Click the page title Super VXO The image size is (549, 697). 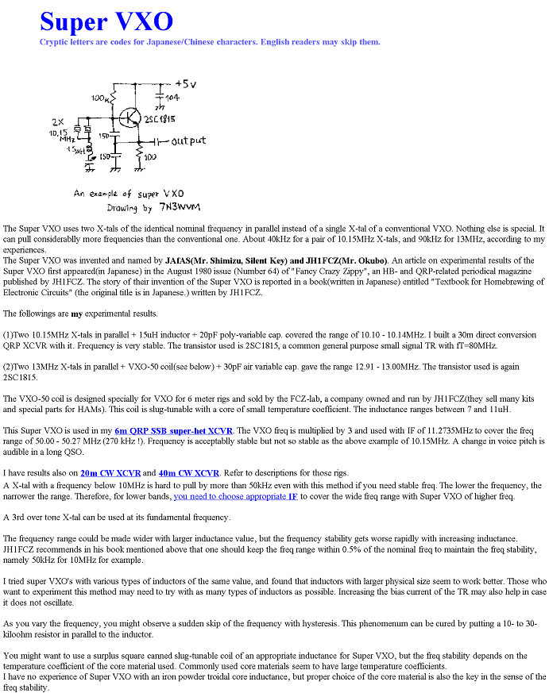tap(106, 21)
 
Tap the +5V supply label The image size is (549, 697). tap(185, 83)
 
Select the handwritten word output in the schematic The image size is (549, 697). tap(188, 141)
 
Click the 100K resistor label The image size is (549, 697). tap(101, 98)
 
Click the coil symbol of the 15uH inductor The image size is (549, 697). tap(90, 150)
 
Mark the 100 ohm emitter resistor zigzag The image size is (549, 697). tap(140, 151)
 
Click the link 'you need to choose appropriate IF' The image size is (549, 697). tap(235, 496)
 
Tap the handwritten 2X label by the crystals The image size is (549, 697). tap(57, 122)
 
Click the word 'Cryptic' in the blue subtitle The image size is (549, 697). tap(57, 42)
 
